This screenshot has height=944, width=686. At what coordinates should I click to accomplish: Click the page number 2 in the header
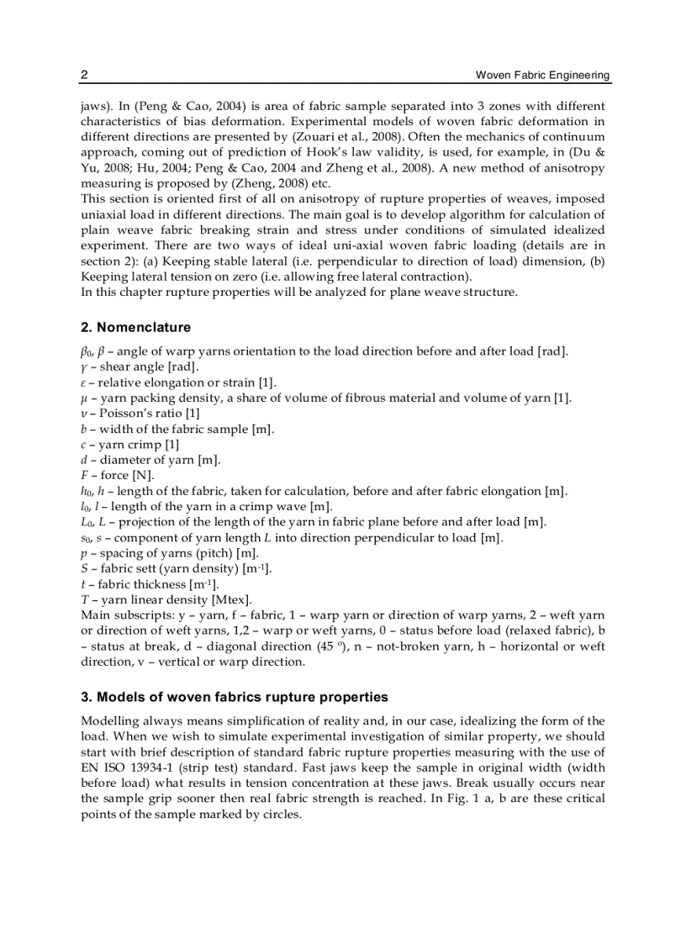(x=84, y=75)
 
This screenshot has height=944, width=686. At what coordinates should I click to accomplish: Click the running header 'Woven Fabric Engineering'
(x=543, y=76)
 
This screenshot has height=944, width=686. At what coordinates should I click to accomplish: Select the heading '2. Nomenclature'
(x=135, y=327)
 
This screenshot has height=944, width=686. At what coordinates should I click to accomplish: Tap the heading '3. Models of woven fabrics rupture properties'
(x=235, y=697)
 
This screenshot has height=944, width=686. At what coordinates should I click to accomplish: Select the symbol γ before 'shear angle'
(x=84, y=367)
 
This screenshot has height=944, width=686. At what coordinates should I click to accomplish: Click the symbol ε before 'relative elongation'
(x=83, y=382)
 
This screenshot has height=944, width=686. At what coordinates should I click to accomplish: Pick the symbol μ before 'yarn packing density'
(x=84, y=398)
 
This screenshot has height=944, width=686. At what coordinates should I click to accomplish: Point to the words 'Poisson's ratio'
(x=137, y=414)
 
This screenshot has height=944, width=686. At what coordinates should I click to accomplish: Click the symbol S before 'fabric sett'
(x=84, y=568)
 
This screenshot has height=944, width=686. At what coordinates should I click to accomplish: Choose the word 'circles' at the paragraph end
(x=277, y=814)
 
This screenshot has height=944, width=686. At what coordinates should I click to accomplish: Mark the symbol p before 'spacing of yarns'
(x=84, y=553)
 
